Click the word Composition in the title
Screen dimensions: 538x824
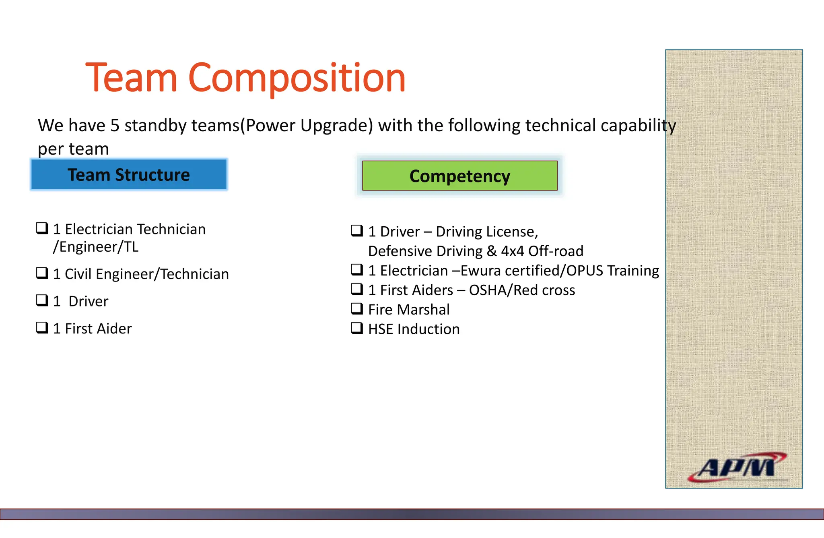[x=297, y=79]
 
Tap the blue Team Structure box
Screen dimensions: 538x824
[x=129, y=175]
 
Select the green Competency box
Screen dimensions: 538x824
[x=459, y=176]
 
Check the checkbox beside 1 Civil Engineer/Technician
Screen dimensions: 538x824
[x=42, y=273]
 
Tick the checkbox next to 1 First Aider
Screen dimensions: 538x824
[x=42, y=328]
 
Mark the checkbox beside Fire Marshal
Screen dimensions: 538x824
[x=357, y=309]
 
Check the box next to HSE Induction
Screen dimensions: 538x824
[x=357, y=328]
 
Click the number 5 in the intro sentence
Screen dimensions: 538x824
[x=115, y=126]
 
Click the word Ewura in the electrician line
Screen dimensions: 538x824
[x=480, y=271]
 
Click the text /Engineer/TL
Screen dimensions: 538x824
[x=96, y=247]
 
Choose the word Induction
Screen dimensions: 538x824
[x=428, y=329]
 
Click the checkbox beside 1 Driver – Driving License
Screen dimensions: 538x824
[x=357, y=231]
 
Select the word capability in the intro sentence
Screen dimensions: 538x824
[x=638, y=126]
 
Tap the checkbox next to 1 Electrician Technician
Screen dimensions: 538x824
[x=42, y=228]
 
